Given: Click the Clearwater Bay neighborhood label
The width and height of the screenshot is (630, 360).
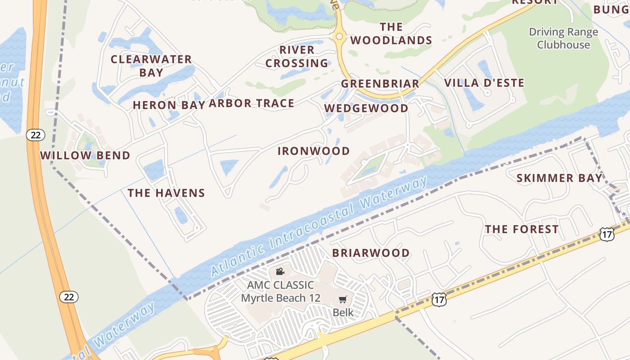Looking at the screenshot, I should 151,66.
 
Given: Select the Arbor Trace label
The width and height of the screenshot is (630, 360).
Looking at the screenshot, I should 252,103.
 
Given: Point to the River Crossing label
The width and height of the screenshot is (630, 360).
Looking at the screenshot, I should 297,56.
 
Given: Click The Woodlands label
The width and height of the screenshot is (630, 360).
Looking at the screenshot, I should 391,34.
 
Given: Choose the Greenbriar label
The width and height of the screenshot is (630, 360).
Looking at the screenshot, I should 380,84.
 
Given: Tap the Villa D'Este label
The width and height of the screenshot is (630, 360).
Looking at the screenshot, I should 484,83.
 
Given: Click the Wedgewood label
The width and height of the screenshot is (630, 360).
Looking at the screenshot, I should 366,108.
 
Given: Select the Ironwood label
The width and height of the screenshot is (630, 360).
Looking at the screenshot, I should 314,151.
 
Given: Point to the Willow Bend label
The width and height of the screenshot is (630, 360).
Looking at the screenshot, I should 85,156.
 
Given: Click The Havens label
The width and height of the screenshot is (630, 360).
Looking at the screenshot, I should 166,193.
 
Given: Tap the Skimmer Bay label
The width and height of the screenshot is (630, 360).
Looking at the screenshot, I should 559,178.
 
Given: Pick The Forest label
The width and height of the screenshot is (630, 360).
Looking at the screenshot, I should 522,229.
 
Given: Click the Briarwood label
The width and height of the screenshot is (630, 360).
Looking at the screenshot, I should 371,253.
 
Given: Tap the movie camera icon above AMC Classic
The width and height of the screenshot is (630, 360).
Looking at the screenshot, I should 280,271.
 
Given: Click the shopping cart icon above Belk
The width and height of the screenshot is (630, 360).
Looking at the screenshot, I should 343,299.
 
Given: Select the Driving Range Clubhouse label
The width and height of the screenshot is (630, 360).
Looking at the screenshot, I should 563,38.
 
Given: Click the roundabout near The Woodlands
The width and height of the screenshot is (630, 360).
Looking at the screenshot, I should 339,37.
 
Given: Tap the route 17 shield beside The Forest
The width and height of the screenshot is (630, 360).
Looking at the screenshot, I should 607,234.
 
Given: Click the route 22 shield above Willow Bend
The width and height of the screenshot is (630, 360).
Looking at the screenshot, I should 35,135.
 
